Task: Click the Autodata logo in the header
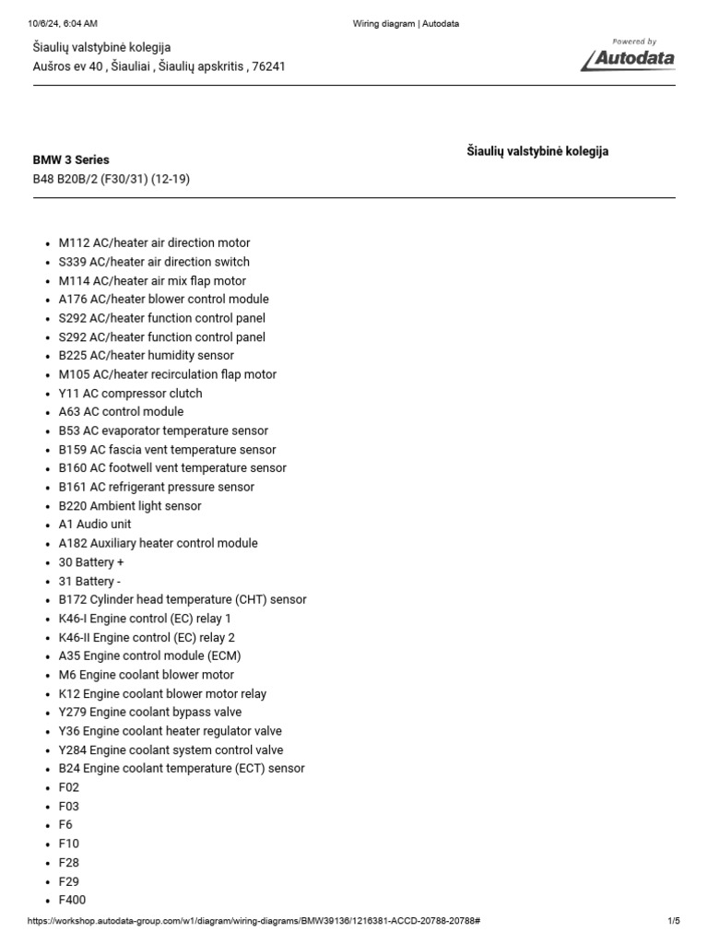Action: tap(628, 57)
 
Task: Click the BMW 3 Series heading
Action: tap(71, 159)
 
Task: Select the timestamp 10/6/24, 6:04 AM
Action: tap(63, 23)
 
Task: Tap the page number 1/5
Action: tap(673, 921)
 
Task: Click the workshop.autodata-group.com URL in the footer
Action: tap(253, 921)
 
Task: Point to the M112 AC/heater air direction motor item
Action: tap(154, 243)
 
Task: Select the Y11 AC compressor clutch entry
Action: tap(130, 394)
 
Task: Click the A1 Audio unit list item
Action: tap(95, 525)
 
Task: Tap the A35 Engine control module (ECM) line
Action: tap(149, 656)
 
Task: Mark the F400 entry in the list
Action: tap(73, 900)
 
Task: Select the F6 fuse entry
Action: tap(65, 825)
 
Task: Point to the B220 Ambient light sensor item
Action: tap(130, 506)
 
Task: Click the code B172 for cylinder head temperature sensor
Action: tap(70, 600)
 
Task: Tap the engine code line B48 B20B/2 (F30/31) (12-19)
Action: tap(111, 179)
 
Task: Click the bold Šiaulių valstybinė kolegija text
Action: tap(537, 151)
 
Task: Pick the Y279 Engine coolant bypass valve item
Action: tap(150, 713)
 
